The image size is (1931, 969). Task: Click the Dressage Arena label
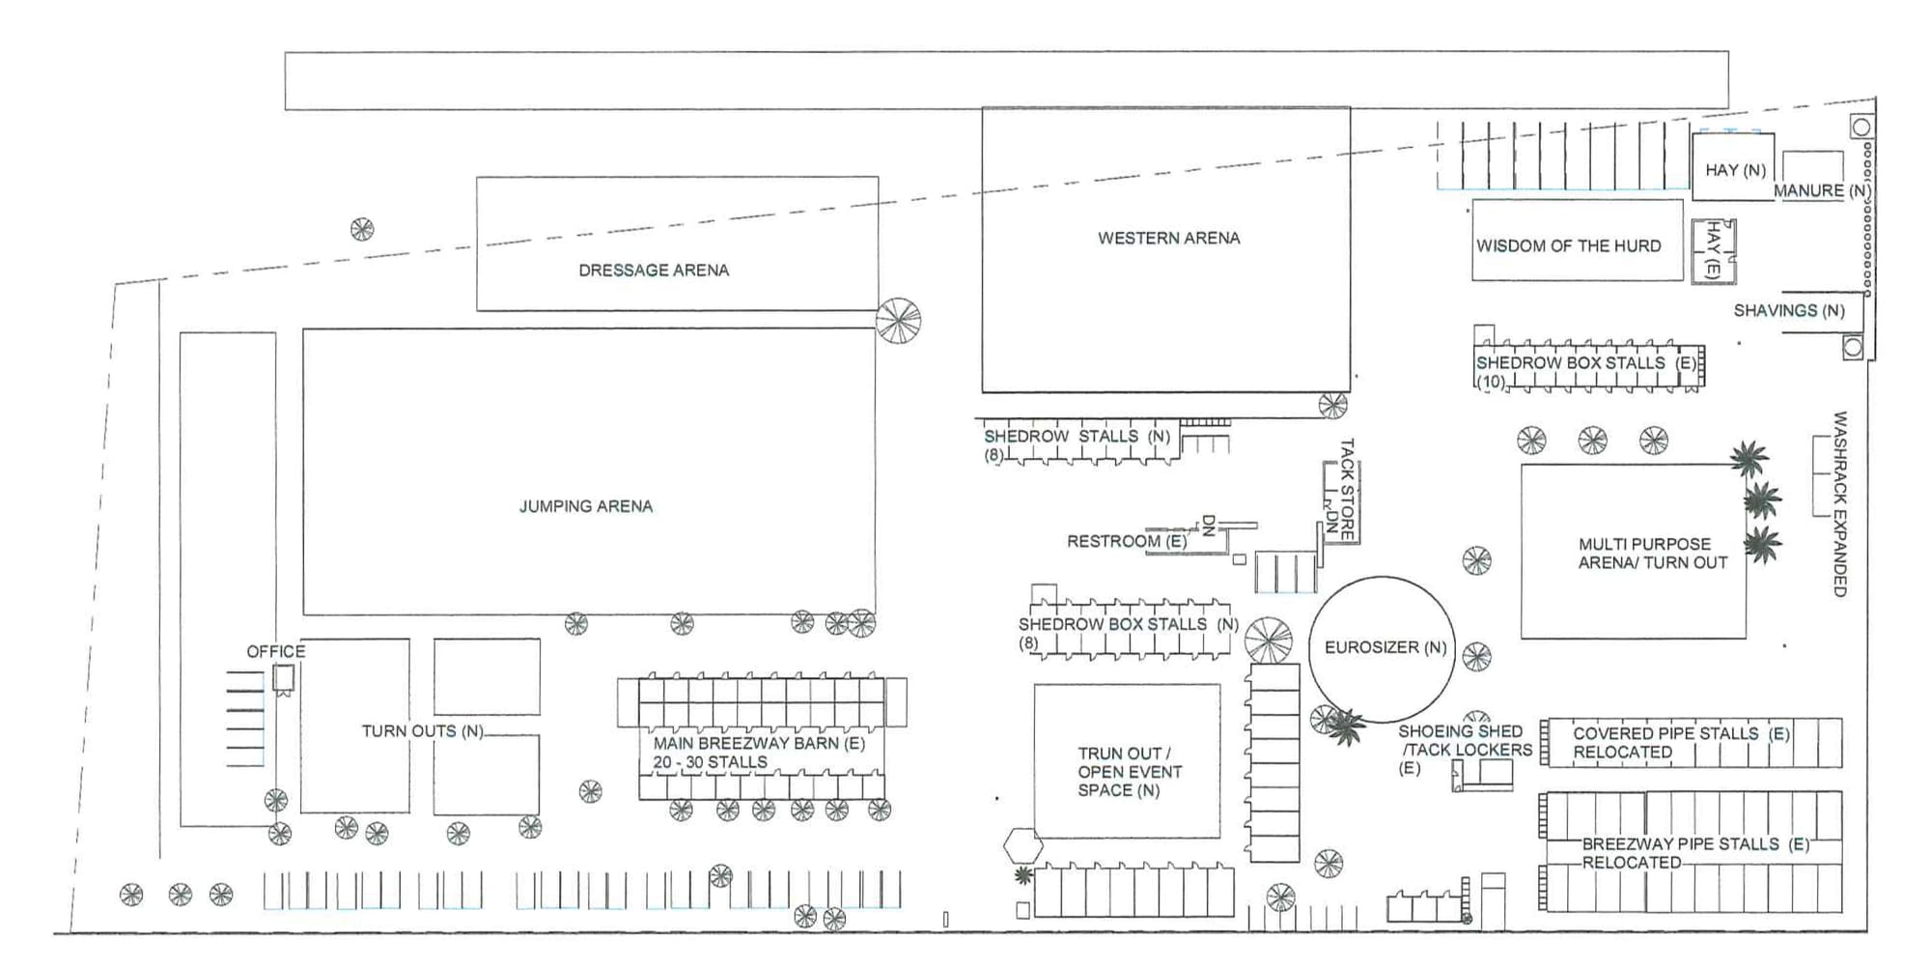pyautogui.click(x=654, y=271)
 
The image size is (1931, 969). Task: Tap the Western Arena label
pyautogui.click(x=1168, y=238)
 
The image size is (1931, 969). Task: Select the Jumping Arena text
pyautogui.click(x=586, y=506)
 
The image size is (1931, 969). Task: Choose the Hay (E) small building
pyautogui.click(x=1713, y=251)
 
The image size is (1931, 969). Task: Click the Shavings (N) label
pyautogui.click(x=1789, y=311)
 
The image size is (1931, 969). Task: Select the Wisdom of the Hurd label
pyautogui.click(x=1569, y=246)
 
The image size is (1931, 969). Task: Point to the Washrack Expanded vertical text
pyautogui.click(x=1840, y=504)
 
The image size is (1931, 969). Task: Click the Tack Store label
pyautogui.click(x=1347, y=489)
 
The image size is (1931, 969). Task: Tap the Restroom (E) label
pyautogui.click(x=1127, y=542)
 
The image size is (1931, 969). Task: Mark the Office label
pyautogui.click(x=276, y=652)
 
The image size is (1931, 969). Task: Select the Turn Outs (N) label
pyautogui.click(x=423, y=731)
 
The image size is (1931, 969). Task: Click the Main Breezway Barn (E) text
pyautogui.click(x=759, y=744)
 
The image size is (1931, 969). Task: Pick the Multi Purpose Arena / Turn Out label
pyautogui.click(x=1652, y=554)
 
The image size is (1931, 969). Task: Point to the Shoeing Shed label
pyautogui.click(x=1460, y=732)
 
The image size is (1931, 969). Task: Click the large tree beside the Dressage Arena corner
pyautogui.click(x=898, y=320)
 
